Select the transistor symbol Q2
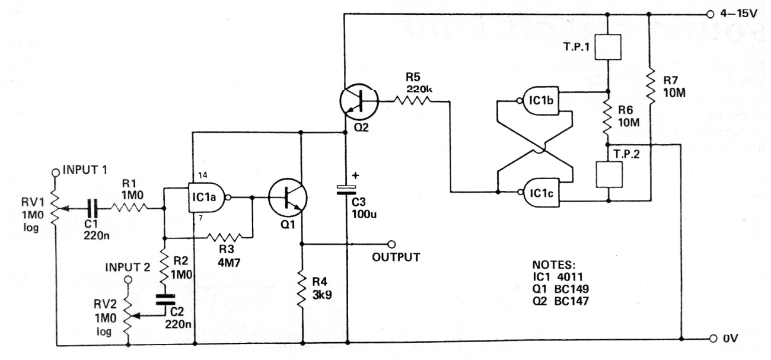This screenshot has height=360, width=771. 360,101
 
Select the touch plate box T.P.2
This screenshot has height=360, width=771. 608,172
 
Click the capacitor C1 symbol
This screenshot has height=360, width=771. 93,208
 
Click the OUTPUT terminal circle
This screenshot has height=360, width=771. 391,244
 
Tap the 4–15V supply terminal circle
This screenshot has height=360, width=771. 712,14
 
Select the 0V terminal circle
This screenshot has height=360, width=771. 713,339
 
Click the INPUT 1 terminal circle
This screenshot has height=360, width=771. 56,171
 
